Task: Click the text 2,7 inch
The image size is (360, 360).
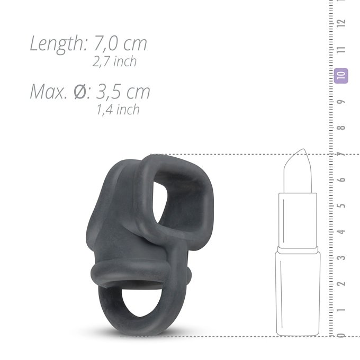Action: coord(114,61)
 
